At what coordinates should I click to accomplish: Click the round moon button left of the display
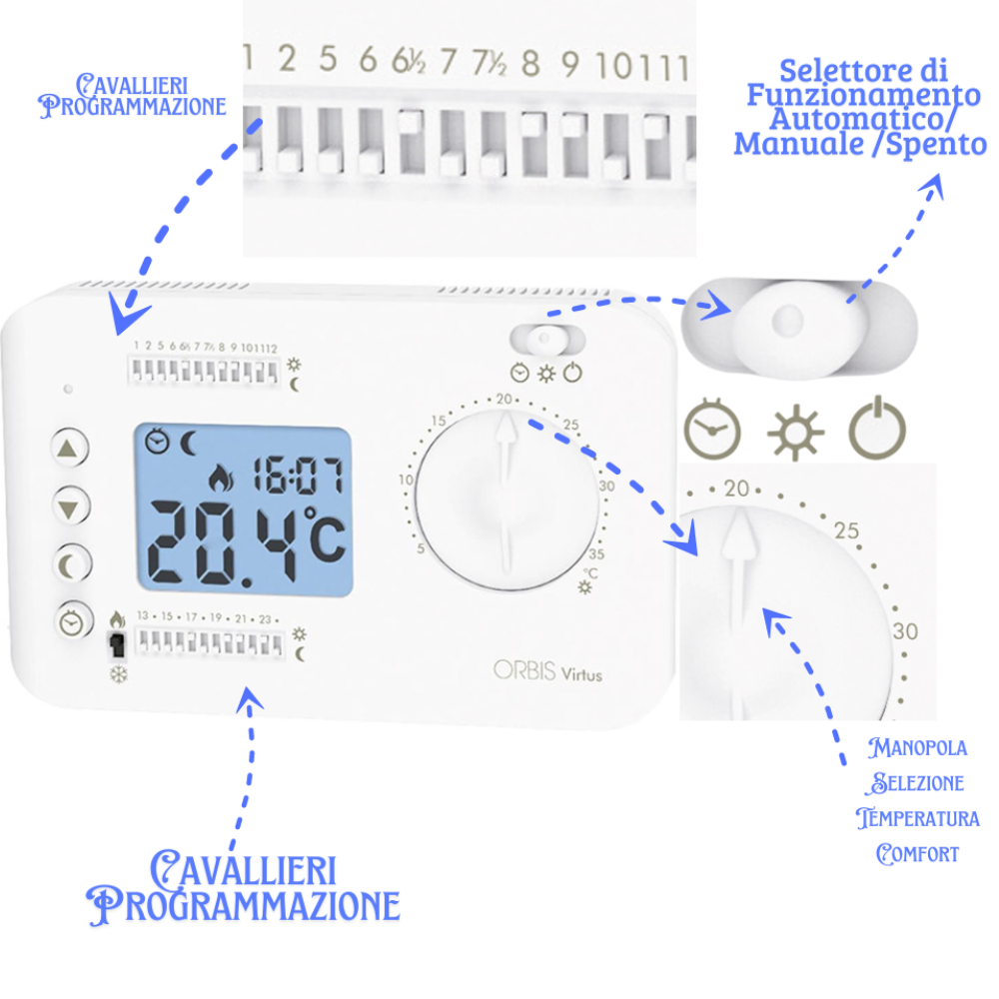pyautogui.click(x=68, y=562)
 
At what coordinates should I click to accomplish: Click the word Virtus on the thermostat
pyautogui.click(x=580, y=674)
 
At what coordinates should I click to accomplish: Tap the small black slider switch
pyautogui.click(x=118, y=645)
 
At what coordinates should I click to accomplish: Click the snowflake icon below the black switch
pyautogui.click(x=118, y=674)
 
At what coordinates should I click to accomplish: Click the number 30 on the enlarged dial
pyautogui.click(x=905, y=631)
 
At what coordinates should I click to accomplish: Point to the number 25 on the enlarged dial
pyautogui.click(x=846, y=530)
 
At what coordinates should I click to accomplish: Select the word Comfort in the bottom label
pyautogui.click(x=917, y=854)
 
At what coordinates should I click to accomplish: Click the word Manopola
pyautogui.click(x=917, y=746)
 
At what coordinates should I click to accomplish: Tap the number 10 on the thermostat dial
pyautogui.click(x=406, y=481)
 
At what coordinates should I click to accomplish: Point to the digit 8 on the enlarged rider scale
pyautogui.click(x=529, y=65)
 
